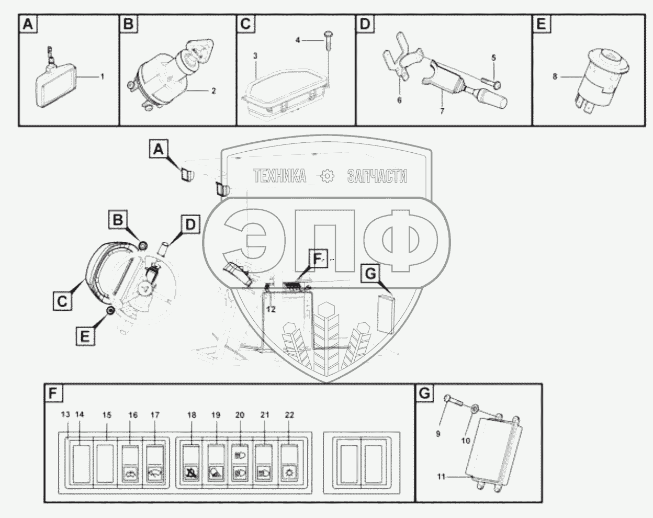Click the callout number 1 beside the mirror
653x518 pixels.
coord(103,76)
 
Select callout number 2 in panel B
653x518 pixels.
coord(213,91)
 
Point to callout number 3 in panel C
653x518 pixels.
coord(255,55)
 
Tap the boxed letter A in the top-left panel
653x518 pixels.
coord(28,25)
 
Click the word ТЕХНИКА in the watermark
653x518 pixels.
coord(280,176)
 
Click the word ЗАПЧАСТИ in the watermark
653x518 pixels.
coord(377,176)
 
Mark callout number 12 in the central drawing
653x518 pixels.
coord(271,309)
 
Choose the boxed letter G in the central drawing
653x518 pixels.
coord(370,273)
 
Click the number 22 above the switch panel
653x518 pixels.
coord(289,414)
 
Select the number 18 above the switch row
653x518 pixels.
coord(192,414)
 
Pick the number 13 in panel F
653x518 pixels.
coord(65,414)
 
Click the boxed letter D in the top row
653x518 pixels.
coord(365,25)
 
